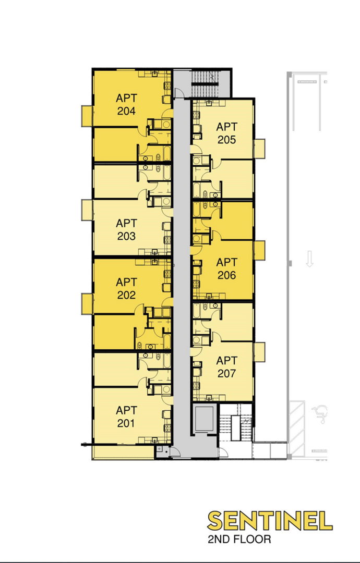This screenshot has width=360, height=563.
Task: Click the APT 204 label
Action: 126,104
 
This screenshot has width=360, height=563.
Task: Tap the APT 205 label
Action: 226,133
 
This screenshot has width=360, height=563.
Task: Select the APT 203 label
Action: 126,230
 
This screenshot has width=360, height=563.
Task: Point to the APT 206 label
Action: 226,268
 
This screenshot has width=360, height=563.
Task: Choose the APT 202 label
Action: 126,288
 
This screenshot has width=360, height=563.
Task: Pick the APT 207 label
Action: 226,367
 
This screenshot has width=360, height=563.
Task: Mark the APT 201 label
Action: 126,417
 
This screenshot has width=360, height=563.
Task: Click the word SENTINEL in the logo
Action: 270,521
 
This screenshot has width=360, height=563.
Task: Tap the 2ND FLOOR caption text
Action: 239,539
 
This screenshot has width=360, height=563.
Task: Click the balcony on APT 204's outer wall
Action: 87,116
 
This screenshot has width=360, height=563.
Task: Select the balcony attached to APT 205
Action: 259,149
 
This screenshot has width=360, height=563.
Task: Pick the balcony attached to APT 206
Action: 259,250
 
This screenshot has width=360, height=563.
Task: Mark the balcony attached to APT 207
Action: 259,352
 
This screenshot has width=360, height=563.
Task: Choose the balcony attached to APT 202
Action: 87,304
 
